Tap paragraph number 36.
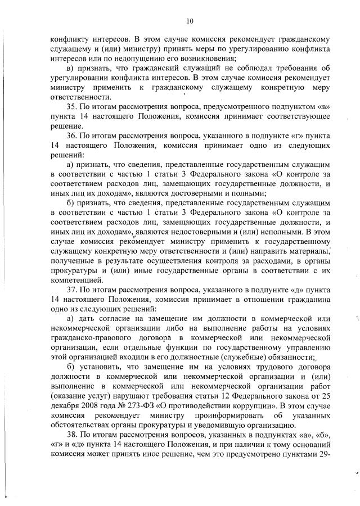71,136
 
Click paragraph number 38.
71,435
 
